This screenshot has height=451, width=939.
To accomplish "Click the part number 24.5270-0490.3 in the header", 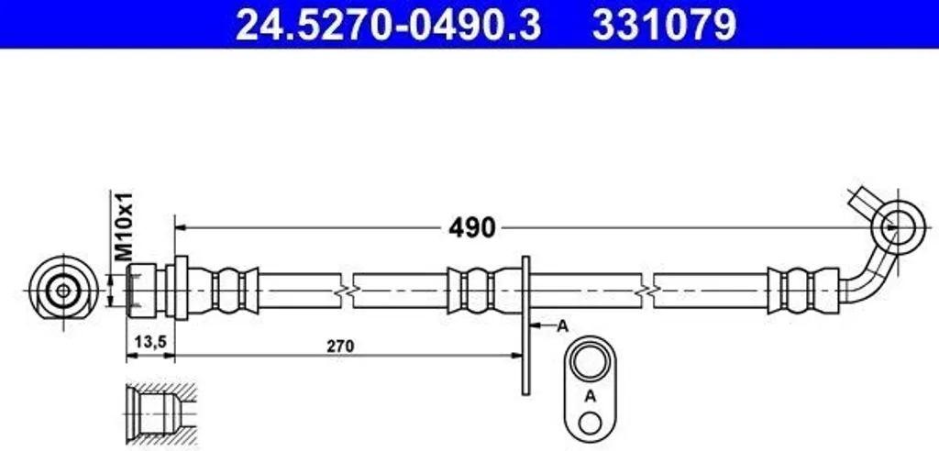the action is click(388, 25).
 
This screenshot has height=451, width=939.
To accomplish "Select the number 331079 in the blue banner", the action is click(664, 25).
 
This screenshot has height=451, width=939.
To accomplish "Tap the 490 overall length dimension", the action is click(472, 227).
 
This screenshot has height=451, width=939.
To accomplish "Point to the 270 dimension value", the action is click(341, 346).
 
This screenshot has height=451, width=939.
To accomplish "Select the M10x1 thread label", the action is click(124, 225).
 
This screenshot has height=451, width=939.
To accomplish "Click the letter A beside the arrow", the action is click(562, 326).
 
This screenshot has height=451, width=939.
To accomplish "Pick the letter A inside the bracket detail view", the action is click(591, 396).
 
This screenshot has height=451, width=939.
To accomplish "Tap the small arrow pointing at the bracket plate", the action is click(543, 326).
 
